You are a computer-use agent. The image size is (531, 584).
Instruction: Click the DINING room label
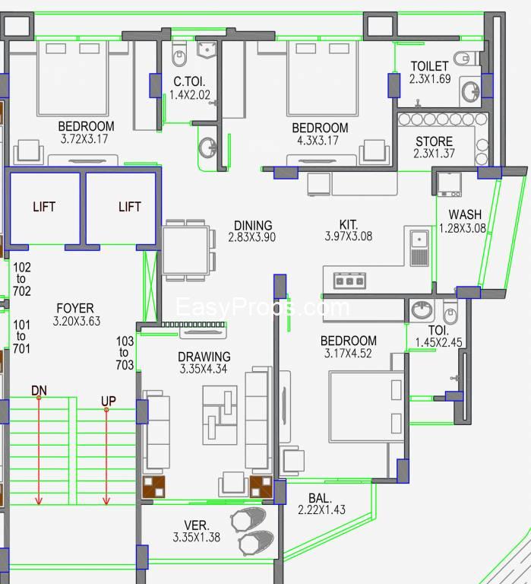tap(252, 225)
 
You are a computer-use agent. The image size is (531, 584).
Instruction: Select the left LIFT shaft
tap(44, 207)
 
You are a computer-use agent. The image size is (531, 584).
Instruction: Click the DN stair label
tap(39, 390)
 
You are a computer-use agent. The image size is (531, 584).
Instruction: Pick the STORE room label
tap(434, 141)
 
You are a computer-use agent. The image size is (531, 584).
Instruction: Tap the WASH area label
tap(464, 214)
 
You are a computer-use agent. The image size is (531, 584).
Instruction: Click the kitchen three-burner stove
tap(349, 281)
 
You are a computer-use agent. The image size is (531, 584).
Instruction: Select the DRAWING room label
tap(204, 357)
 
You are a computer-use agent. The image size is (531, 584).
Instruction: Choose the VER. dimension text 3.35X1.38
tap(198, 538)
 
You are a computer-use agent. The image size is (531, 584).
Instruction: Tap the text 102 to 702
tap(21, 279)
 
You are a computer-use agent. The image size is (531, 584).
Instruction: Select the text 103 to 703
tap(125, 354)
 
